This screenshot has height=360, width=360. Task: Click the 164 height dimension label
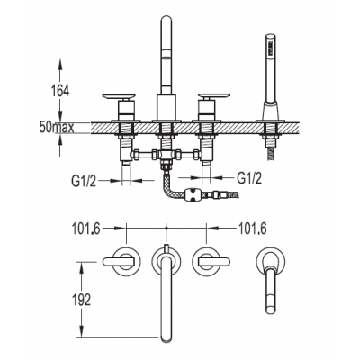point(60,90)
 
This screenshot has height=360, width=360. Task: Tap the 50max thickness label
point(57,128)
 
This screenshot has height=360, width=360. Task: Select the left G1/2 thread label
point(84,181)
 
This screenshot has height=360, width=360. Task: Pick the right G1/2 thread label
point(249,178)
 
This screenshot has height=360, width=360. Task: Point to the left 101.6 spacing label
point(85,229)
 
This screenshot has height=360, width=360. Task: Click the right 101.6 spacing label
point(252,229)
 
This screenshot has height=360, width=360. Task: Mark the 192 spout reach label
point(81,299)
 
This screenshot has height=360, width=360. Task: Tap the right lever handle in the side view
point(214,97)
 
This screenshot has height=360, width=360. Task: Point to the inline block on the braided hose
point(193,194)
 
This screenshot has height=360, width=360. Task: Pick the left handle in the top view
point(118,262)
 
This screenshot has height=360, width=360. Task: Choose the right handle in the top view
point(214,262)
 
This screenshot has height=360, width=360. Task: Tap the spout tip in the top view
point(166,338)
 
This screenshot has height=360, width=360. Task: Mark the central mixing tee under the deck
point(165,155)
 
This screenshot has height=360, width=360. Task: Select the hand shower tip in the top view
point(272,309)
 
